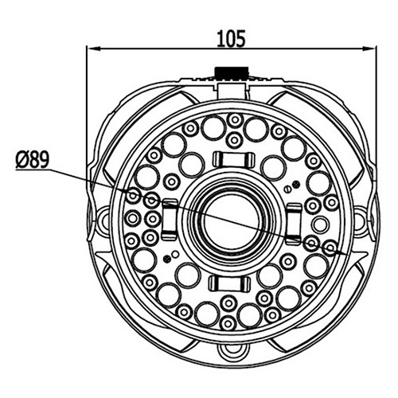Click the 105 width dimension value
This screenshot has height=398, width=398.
point(231,39)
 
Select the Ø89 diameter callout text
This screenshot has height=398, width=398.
point(33,160)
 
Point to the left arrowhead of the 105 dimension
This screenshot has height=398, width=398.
point(93,49)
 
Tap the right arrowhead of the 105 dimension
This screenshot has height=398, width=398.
point(370,49)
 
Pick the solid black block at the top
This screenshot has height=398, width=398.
point(232,73)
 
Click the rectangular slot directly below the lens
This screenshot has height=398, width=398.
point(230,283)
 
